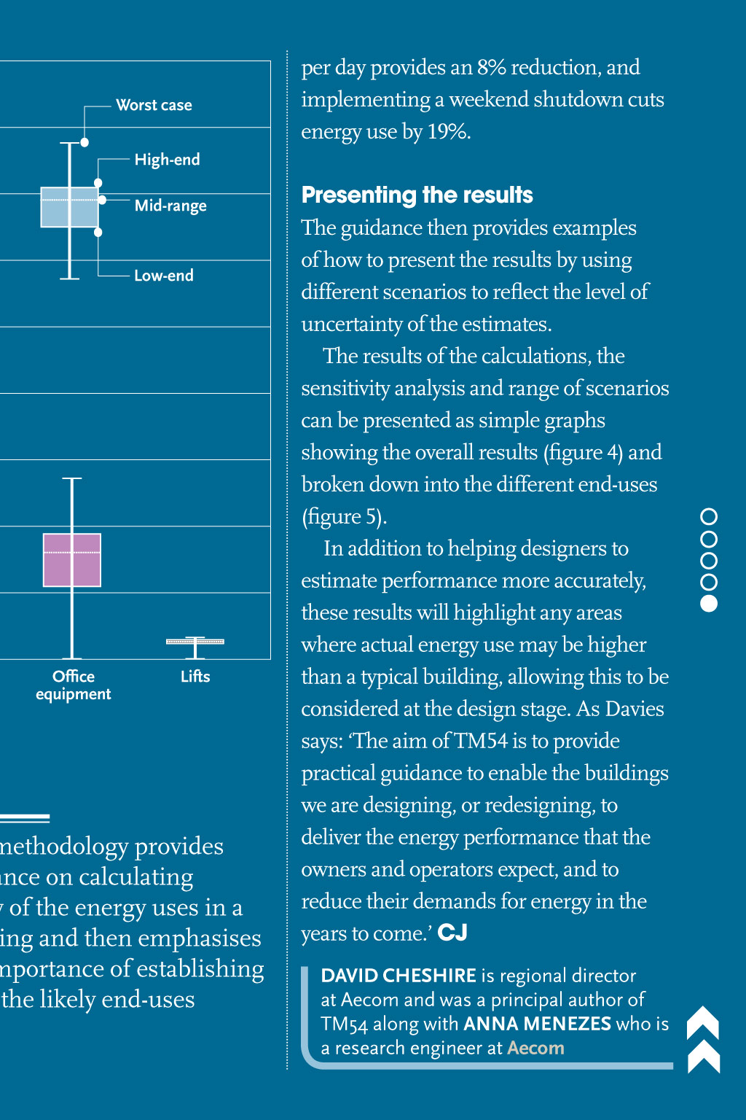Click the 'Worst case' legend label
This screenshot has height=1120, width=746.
tap(154, 105)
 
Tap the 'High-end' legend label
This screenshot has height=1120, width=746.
tap(167, 160)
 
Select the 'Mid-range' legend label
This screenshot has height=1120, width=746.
tap(170, 206)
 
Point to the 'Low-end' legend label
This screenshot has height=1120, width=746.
tap(164, 276)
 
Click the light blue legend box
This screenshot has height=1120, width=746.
tap(69, 208)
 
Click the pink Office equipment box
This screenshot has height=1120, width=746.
tap(71, 560)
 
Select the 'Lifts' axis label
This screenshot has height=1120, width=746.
tap(195, 677)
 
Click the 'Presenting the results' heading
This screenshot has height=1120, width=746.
tap(417, 195)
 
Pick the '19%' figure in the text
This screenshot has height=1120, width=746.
tap(448, 132)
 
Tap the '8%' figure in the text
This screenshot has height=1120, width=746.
tap(491, 68)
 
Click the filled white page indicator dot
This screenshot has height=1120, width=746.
tap(708, 604)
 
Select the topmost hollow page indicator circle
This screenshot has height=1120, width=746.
tap(708, 517)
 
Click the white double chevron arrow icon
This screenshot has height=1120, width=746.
tap(704, 1040)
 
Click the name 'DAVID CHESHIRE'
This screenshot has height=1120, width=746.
tap(398, 976)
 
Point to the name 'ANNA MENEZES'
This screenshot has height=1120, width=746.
tap(537, 1024)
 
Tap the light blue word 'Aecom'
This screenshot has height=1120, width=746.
tap(535, 1048)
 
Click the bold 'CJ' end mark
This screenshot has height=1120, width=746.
tap(452, 933)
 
